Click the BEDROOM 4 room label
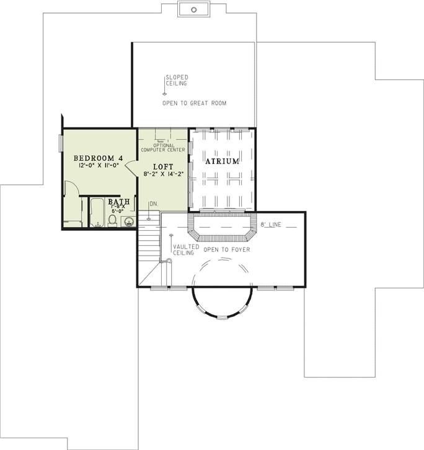(99, 158)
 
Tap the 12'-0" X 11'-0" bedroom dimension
(99, 166)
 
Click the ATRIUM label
(222, 161)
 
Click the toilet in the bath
(113, 220)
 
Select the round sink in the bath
(130, 221)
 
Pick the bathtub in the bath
(97, 214)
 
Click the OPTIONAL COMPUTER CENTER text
(162, 148)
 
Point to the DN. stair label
(153, 204)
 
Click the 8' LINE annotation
(271, 225)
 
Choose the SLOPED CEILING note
(176, 80)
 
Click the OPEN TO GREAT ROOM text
(194, 103)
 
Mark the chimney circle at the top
(193, 9)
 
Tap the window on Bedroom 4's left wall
(61, 142)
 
